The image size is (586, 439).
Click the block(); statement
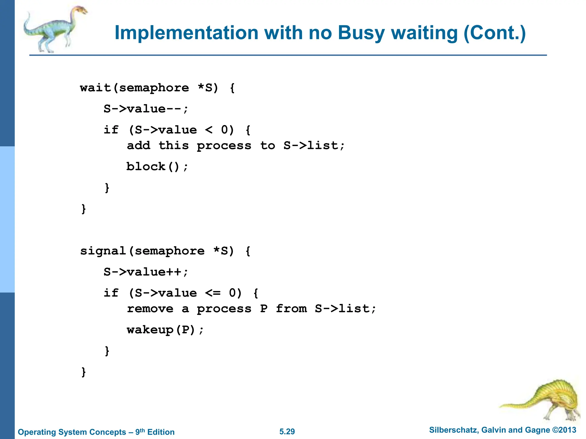157,167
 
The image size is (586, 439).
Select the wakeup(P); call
165,330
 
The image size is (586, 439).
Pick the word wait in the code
95,88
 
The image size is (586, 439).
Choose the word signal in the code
103,251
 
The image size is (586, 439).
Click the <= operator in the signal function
213,293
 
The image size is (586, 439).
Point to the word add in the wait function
138,145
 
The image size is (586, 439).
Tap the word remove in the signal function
150,309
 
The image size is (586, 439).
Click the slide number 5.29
287,432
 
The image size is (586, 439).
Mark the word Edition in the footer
161,432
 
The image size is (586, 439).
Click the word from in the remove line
291,309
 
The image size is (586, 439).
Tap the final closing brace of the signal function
84,372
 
